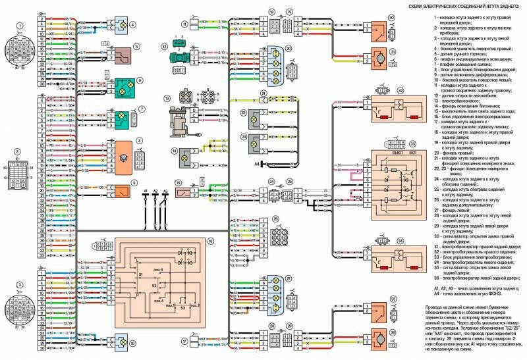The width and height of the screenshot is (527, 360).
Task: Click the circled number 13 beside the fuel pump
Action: click(x=167, y=99)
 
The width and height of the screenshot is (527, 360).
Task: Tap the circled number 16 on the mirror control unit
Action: click(x=210, y=242)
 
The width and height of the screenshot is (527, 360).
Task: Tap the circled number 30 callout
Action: click(x=391, y=18)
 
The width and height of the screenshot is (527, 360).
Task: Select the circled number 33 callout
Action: click(x=412, y=143)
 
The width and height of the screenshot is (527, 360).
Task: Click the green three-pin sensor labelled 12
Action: click(x=178, y=45)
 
